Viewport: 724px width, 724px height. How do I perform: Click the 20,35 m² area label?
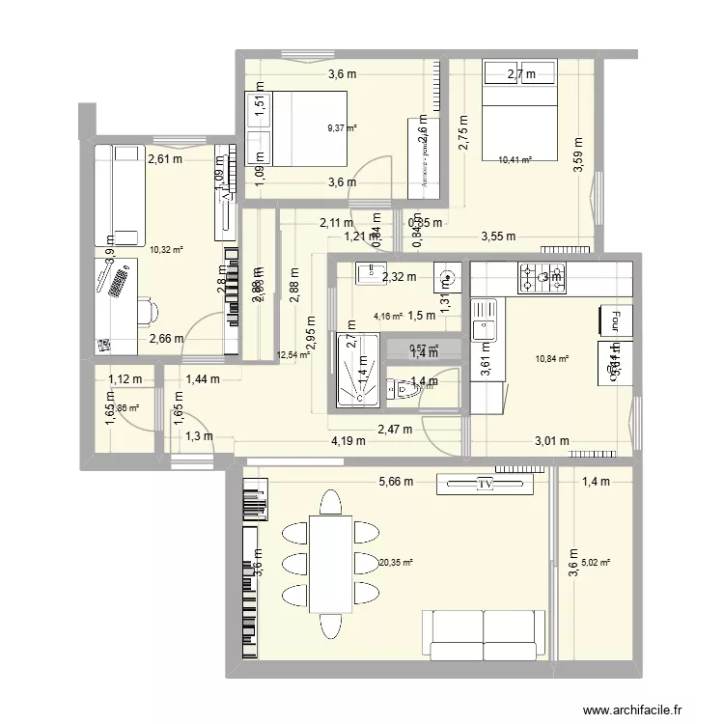pos(396,563)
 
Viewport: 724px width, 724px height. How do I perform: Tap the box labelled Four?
pos(613,318)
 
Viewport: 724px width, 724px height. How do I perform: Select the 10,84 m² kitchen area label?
pos(551,359)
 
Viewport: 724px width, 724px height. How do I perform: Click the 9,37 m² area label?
pos(342,126)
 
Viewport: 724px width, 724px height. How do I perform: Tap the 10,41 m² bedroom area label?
pos(515,161)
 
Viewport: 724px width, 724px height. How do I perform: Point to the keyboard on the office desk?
pos(121,282)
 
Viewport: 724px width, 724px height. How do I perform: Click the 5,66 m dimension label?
pos(396,482)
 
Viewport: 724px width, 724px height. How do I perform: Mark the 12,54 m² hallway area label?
pos(292,354)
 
